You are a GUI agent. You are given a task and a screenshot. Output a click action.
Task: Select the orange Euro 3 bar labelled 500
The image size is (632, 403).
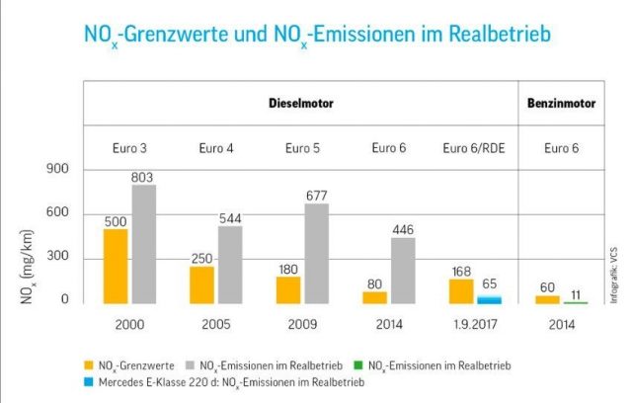point(116,266)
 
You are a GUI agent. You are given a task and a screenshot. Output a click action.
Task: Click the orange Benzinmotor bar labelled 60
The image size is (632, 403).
point(547,298)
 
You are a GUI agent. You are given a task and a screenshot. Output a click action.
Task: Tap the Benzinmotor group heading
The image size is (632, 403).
point(563,102)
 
